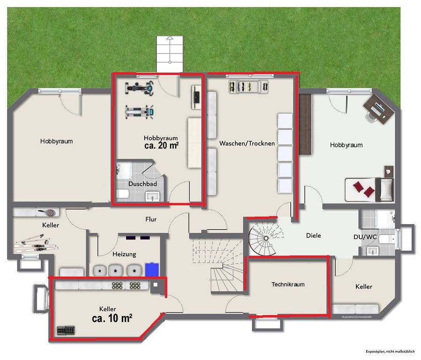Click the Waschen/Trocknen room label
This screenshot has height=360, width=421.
pyautogui.click(x=247, y=143)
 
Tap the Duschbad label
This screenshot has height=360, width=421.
pyautogui.click(x=142, y=184)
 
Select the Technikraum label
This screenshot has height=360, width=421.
pyautogui.click(x=288, y=284)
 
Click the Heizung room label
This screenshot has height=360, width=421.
pyautogui.click(x=124, y=254)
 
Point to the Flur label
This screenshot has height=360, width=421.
pyautogui.click(x=151, y=219)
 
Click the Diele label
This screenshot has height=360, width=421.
pyautogui.click(x=313, y=236)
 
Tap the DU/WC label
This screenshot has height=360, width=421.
pyautogui.click(x=365, y=237)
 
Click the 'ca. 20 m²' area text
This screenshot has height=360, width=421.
pyautogui.click(x=162, y=145)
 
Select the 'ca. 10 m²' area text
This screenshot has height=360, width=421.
pyautogui.click(x=112, y=318)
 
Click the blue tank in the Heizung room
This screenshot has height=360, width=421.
pyautogui.click(x=152, y=270)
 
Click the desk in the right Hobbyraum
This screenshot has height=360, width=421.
pyautogui.click(x=378, y=109)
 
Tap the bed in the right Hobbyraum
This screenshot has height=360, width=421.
pyautogui.click(x=369, y=190)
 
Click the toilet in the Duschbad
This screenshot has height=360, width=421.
pyautogui.click(x=123, y=194)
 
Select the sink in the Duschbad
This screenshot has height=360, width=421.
pyautogui.click(x=153, y=197)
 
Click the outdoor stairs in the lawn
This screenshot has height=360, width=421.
pyautogui.click(x=170, y=54)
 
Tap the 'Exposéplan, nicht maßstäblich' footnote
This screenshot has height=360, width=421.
pyautogui.click(x=390, y=352)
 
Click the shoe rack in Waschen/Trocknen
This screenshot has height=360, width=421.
pyautogui.click(x=249, y=87)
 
